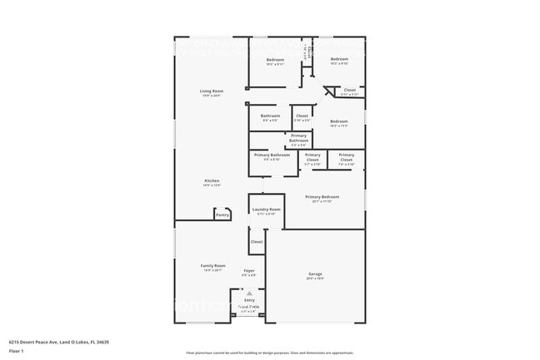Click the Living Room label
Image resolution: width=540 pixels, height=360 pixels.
click(212, 91)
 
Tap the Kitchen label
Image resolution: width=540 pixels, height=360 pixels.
click(212, 180)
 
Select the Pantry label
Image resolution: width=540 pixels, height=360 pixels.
click(222, 215)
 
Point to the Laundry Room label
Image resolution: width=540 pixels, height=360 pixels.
click(267, 210)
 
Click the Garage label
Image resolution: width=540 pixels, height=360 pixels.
click(316, 274)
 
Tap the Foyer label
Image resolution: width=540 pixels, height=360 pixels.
click(248, 270)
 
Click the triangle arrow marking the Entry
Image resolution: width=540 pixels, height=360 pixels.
click(248, 293)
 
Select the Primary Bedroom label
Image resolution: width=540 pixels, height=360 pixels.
click(322, 197)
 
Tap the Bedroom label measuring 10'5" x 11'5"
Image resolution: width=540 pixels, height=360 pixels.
click(338, 121)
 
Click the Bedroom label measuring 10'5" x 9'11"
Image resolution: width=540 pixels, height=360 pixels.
click(275, 60)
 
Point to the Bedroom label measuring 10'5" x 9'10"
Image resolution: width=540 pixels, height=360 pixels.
click(339, 59)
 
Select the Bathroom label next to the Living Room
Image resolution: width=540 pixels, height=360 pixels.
click(270, 116)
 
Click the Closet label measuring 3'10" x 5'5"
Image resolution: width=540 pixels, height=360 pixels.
click(302, 116)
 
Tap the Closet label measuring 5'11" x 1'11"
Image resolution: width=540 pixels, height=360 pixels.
click(349, 90)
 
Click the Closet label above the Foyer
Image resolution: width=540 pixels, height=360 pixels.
click(257, 242)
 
